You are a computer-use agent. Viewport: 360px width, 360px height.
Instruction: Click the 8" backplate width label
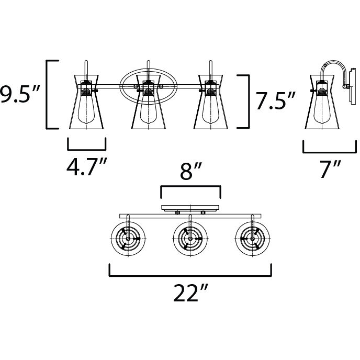pyautogui.click(x=190, y=171)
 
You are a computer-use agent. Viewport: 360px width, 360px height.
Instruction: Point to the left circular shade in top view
pyautogui.click(x=128, y=239)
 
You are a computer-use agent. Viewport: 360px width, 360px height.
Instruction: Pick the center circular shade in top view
pyautogui.click(x=189, y=239)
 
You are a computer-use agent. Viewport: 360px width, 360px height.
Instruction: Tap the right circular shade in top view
pyautogui.click(x=251, y=239)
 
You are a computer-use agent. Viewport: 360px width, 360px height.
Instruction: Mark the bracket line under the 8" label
pyautogui.click(x=190, y=186)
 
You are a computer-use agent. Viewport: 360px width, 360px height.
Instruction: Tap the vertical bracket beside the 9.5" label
pyautogui.click(x=49, y=94)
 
